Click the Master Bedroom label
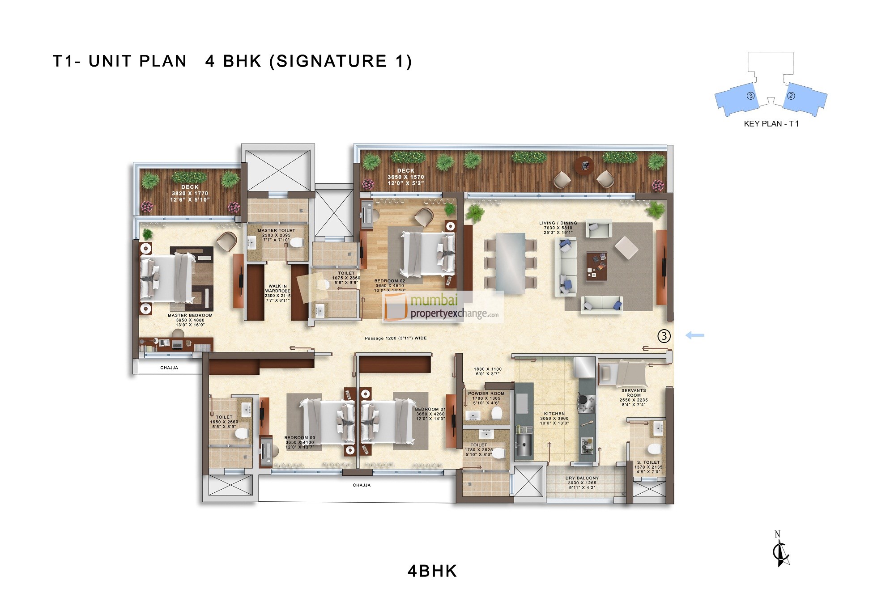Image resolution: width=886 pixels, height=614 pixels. pos(190,315)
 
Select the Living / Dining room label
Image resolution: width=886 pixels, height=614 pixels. pos(558,223)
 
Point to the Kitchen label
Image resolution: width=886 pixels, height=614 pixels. pos(554,414)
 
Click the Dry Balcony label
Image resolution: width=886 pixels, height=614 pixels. pos(582,478)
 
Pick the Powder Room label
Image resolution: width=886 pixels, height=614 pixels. pos(486,394)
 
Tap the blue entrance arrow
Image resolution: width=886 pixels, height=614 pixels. pos(695,335)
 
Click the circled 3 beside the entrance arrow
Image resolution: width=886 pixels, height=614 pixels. pos(664,336)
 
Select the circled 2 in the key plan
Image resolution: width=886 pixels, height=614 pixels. pos(791,96)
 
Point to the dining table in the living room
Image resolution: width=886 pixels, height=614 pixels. pos(511,263)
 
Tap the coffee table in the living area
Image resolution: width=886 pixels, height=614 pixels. pos(596,266)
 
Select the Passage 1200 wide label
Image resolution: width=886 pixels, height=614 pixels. pos(396,338)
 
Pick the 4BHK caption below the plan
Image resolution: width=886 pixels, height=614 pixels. pos(432,571)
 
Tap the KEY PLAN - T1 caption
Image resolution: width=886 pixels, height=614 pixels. pos(771,124)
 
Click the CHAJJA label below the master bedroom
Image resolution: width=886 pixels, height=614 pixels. pos(169,368)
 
